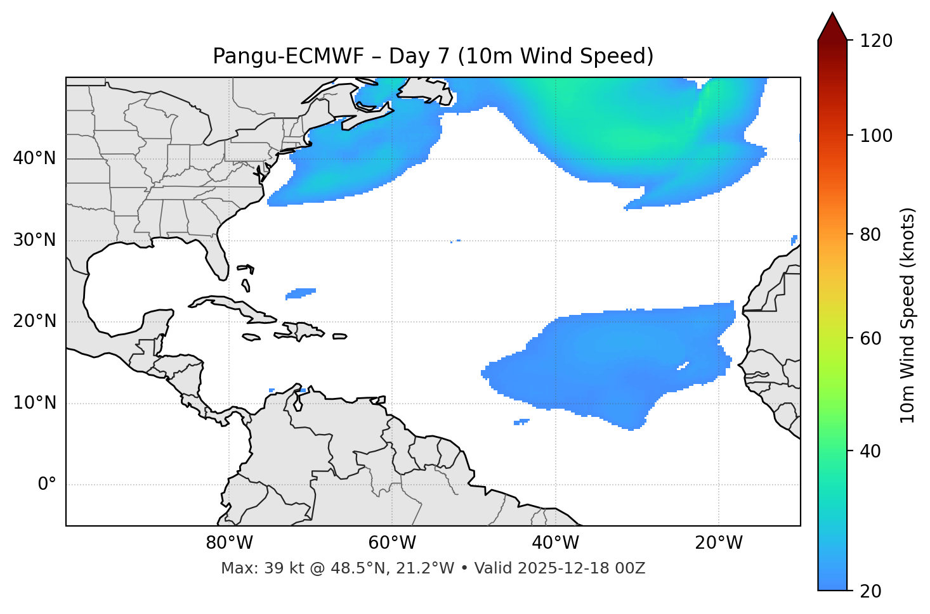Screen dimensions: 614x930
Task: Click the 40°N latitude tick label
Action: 34,158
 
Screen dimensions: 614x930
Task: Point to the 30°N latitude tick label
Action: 34,240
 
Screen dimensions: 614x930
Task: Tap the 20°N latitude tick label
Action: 34,321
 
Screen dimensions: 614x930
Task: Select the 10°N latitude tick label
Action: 34,403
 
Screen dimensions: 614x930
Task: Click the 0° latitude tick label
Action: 47,485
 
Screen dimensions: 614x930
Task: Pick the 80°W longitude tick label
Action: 229,543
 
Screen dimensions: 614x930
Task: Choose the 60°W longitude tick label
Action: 392,543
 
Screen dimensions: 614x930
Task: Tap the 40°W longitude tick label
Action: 555,543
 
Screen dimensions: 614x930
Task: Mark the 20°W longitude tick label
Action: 719,543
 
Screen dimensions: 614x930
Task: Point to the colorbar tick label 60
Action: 874,338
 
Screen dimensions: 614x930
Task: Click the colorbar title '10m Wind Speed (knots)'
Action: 908,315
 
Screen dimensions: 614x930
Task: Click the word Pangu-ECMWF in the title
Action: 288,56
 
